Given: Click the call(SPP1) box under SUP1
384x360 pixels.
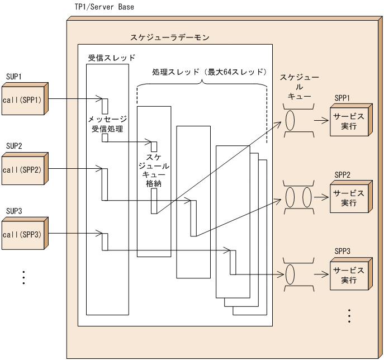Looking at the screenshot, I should [x=22, y=101].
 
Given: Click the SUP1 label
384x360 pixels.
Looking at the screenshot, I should [x=13, y=76].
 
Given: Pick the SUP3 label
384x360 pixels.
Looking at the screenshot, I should [x=13, y=212].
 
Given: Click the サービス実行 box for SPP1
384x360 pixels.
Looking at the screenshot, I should [x=348, y=121].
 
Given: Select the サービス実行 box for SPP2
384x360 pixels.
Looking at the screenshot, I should [x=348, y=198].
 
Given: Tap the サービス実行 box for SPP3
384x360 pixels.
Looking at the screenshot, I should [x=348, y=275].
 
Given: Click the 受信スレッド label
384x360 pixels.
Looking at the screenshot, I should [x=112, y=58].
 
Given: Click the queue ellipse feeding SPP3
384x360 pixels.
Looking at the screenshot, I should [x=291, y=274].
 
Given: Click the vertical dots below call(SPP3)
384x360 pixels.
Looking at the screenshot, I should [x=23, y=277].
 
